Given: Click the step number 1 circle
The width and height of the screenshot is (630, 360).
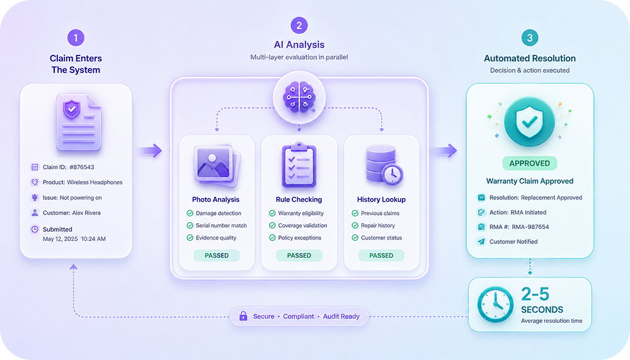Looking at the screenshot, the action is (76, 38).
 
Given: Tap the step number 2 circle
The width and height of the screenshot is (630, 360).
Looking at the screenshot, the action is (299, 26).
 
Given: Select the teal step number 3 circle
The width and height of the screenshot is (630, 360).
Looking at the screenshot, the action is (530, 38).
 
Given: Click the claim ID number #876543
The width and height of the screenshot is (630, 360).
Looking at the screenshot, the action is (82, 167).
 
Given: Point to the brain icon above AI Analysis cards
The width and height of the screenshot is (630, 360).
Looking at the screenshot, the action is (299, 97).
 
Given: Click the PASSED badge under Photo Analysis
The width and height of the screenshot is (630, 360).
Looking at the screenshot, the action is (217, 255).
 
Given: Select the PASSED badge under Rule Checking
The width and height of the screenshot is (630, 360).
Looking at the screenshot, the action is (299, 255).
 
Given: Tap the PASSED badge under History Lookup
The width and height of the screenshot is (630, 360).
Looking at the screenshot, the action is (381, 255).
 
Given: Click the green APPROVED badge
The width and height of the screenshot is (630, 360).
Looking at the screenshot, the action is (530, 163).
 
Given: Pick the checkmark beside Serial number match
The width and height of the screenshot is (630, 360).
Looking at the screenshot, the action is (190, 226).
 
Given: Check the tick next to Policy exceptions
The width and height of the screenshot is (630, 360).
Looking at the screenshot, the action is (272, 238).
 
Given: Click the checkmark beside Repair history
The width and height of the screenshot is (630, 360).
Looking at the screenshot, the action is (355, 226).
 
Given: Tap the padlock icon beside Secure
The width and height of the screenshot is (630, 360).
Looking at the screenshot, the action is (243, 316).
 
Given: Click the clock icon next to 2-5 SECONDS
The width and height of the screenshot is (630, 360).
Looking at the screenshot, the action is (495, 305).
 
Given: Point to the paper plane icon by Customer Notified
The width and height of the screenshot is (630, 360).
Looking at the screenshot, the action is (481, 241).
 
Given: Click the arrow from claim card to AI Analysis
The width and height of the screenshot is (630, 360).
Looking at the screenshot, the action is (151, 151).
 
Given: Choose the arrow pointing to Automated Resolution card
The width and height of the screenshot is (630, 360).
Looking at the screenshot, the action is (444, 151).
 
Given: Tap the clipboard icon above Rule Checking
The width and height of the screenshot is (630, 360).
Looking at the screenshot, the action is (299, 165).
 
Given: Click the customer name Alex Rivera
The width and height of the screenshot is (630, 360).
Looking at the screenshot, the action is (86, 212).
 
